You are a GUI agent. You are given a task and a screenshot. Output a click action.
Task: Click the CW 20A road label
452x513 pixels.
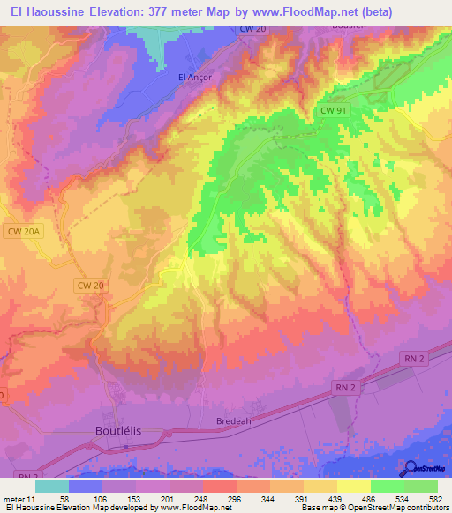[x=24, y=231]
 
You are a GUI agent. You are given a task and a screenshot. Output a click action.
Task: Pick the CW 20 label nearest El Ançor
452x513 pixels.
[x=252, y=30]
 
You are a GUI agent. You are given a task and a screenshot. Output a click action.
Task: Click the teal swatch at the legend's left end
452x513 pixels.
[x=52, y=486]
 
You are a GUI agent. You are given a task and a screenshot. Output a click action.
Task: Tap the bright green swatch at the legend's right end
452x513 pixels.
[x=421, y=486]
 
